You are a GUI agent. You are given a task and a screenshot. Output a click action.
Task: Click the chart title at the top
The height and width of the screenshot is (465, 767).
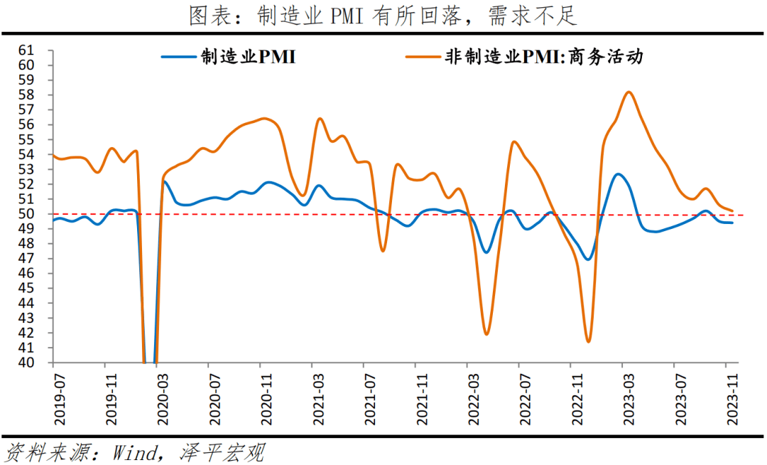click(x=383, y=16)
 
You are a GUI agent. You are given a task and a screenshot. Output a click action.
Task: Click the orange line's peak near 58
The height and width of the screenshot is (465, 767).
click(x=629, y=92)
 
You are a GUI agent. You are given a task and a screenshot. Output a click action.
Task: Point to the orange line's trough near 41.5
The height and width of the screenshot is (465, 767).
click(x=588, y=341)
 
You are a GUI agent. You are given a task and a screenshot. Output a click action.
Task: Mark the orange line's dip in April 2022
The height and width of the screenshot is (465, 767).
click(x=486, y=333)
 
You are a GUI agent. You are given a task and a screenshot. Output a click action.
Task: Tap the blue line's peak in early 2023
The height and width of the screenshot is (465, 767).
click(x=618, y=173)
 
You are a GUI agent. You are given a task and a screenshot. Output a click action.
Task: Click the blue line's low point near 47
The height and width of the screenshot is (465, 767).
click(x=587, y=259)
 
